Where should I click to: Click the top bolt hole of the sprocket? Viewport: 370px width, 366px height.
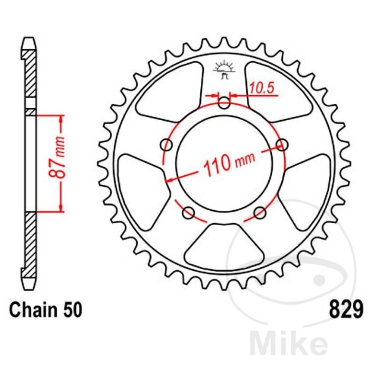[224, 103]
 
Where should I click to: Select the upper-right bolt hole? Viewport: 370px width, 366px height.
[282, 144]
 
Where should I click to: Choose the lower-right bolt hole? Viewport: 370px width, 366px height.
[260, 212]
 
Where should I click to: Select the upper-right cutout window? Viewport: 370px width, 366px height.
[277, 91]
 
